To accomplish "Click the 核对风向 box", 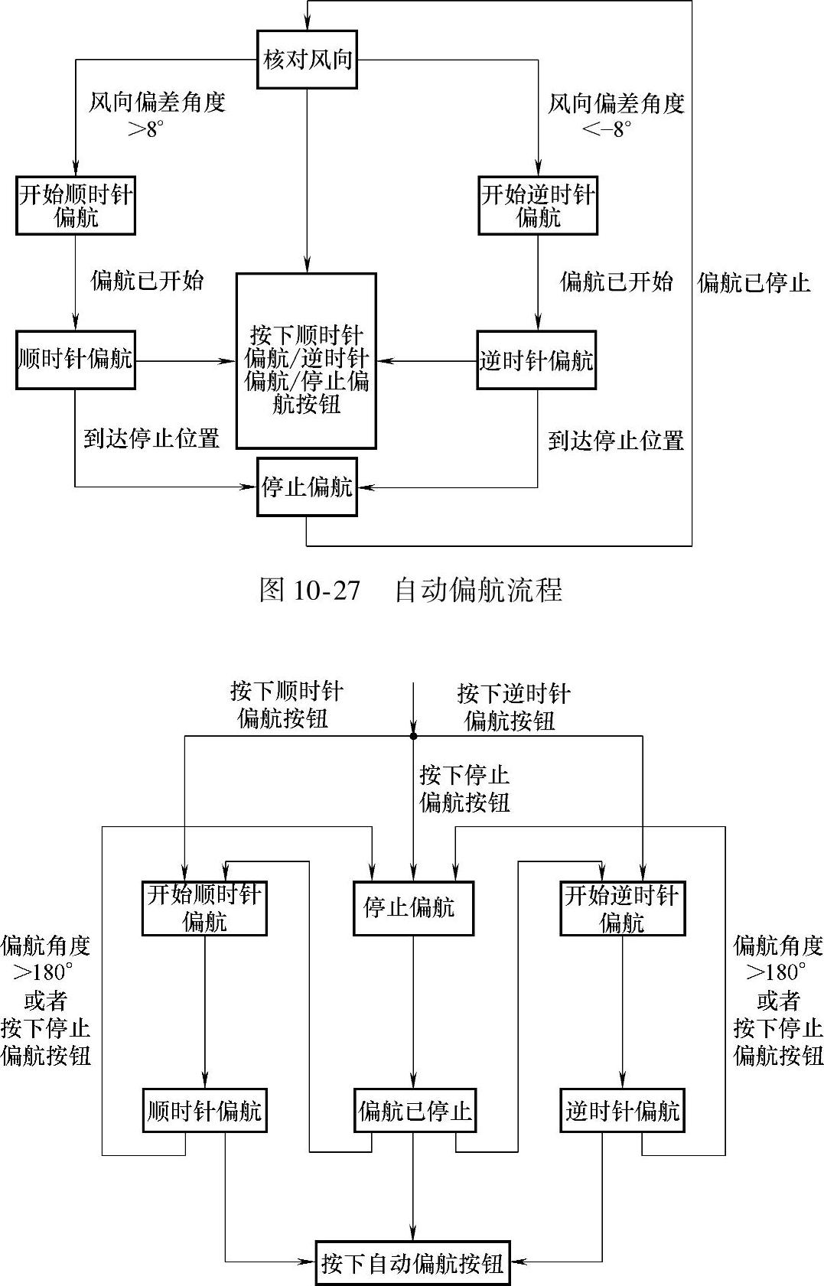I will click(307, 59).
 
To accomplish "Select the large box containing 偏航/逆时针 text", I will click(306, 360).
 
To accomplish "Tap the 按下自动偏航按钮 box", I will click(413, 1262).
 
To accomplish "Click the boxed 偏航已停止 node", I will click(414, 1110).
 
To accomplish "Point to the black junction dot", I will click(413, 736).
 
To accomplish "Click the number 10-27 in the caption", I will click(326, 590).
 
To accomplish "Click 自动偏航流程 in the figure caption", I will click(478, 590).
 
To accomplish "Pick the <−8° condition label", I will click(607, 129).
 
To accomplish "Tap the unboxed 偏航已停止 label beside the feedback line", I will click(754, 283).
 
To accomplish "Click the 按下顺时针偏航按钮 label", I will click(286, 705).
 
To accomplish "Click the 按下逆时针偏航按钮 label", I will click(513, 706).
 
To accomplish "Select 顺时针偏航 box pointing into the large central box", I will click(75, 360).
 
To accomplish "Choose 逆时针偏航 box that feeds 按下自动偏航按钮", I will click(622, 1110).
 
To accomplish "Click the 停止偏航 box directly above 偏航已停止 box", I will click(413, 908).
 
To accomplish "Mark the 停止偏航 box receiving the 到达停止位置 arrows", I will click(307, 487).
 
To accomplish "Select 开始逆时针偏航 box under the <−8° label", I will click(538, 206).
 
